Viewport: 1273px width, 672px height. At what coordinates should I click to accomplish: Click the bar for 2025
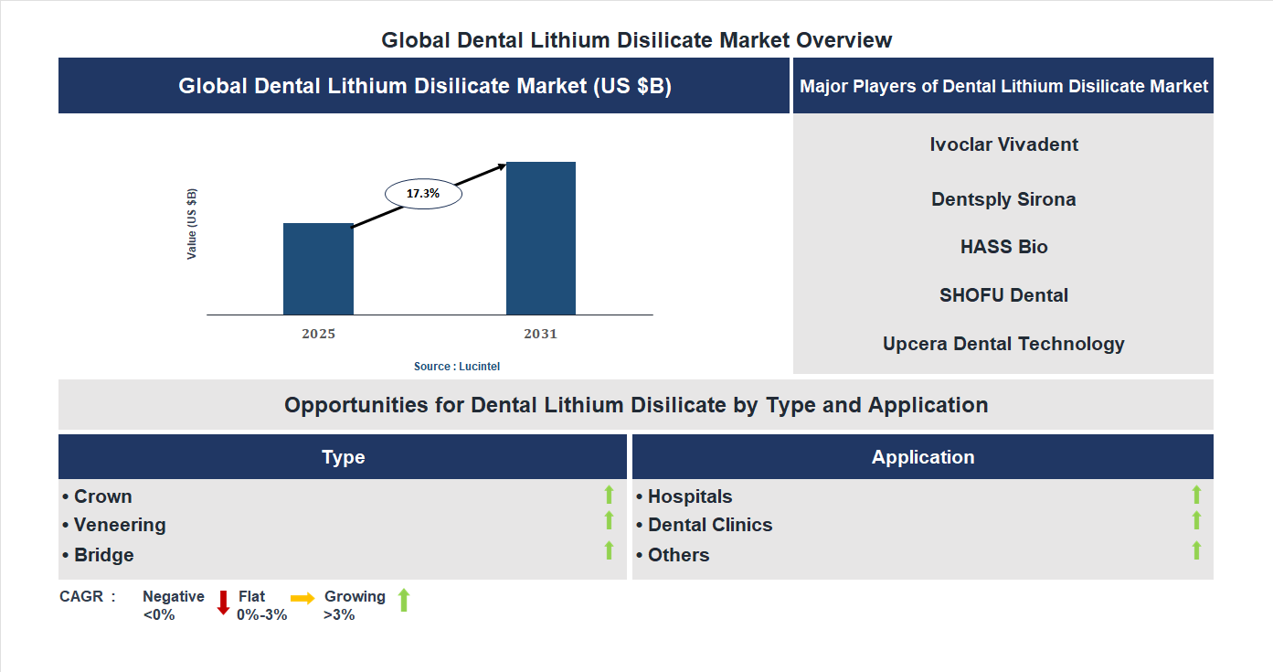click(x=318, y=269)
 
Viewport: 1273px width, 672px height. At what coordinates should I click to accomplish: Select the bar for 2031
click(x=541, y=239)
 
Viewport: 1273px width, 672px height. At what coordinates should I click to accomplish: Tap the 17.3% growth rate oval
click(x=423, y=194)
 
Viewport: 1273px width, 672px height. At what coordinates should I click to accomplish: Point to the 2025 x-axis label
click(x=318, y=334)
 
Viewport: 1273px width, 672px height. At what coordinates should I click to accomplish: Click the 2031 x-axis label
click(x=540, y=334)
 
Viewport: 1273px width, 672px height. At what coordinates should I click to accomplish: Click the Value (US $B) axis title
click(x=192, y=224)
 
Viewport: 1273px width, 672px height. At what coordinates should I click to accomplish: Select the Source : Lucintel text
click(x=457, y=367)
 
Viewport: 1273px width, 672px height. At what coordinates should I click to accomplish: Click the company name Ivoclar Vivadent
click(x=1003, y=144)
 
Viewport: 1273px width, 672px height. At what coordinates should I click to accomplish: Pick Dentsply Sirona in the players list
click(x=1003, y=199)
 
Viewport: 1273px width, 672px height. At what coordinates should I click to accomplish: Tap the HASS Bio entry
click(x=1003, y=247)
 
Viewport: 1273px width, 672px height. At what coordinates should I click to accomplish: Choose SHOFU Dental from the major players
click(x=1003, y=295)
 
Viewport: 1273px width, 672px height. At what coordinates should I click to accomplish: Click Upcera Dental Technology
click(x=1003, y=344)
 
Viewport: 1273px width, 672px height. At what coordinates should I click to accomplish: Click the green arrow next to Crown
click(x=609, y=495)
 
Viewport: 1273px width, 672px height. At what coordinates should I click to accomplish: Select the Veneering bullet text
click(x=120, y=525)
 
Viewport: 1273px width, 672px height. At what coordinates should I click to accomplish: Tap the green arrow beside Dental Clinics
click(x=1196, y=520)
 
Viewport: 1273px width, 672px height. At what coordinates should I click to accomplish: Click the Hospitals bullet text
click(x=689, y=496)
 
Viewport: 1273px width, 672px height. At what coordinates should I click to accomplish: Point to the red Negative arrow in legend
click(x=223, y=603)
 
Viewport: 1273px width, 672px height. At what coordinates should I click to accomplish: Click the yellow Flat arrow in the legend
click(x=302, y=598)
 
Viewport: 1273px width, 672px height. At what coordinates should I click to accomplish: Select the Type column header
click(x=343, y=457)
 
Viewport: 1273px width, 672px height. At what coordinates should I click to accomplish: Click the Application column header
click(x=922, y=457)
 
